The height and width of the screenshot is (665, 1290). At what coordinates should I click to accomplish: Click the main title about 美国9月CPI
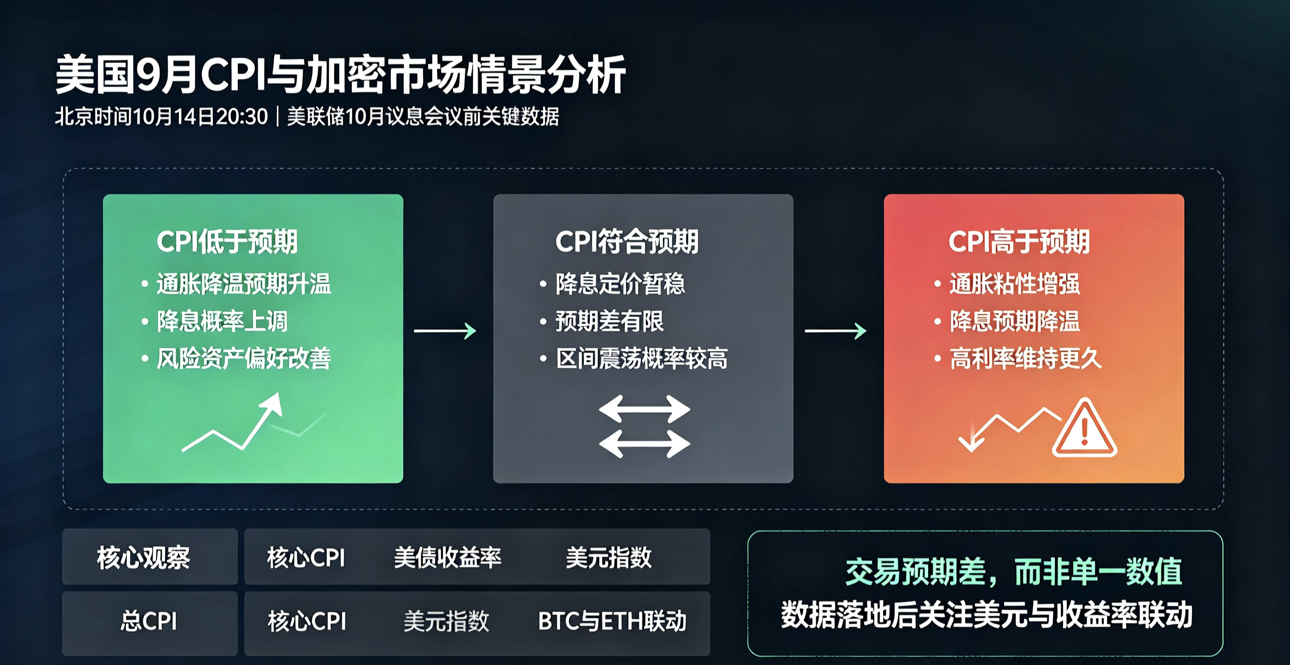click(341, 75)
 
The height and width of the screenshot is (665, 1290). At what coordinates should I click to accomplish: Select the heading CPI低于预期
click(227, 241)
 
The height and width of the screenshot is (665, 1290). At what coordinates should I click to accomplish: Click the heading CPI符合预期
click(627, 241)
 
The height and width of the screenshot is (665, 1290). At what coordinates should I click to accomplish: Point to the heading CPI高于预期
click(1019, 241)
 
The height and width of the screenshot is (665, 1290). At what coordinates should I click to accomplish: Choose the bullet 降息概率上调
click(222, 321)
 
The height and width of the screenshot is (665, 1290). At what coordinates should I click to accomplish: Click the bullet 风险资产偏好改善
click(244, 358)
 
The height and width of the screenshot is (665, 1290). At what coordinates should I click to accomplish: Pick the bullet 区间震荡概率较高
click(642, 358)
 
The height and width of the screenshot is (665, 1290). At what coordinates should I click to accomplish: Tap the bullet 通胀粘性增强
click(1015, 284)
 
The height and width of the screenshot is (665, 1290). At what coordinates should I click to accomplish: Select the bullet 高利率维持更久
click(1025, 358)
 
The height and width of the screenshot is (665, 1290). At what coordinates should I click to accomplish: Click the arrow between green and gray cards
click(445, 331)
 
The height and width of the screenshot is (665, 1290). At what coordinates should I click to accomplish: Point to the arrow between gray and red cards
click(836, 331)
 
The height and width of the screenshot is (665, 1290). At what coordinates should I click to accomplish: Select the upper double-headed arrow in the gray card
click(645, 409)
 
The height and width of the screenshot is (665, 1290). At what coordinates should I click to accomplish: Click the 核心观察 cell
click(144, 557)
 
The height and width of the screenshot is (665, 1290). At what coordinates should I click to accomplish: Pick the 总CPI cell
click(149, 622)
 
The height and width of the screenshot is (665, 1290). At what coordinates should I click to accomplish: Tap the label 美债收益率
click(448, 557)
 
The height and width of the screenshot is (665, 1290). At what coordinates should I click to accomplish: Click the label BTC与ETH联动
click(612, 622)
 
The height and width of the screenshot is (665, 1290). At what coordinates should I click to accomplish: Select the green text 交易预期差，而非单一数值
click(1014, 572)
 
